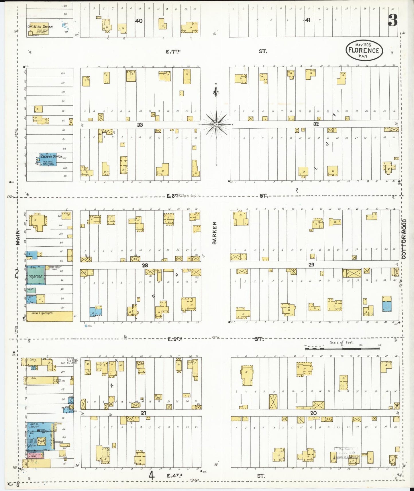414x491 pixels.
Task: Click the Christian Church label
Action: tap(40, 26)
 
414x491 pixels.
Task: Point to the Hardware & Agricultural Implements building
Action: tap(49, 316)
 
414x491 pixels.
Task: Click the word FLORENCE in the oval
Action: tap(364, 50)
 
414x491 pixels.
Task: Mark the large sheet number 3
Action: tap(393, 20)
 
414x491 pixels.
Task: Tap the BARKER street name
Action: tap(215, 233)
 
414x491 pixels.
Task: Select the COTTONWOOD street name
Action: tap(404, 239)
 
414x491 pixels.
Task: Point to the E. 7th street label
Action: tap(173, 52)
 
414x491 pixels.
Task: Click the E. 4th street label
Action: tap(174, 476)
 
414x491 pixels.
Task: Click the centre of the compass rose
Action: tap(216, 125)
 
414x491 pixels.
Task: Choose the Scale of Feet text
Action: tap(342, 342)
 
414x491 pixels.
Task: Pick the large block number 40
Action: tap(139, 21)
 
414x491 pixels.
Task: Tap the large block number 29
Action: tap(311, 265)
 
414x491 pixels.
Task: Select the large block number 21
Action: tap(143, 413)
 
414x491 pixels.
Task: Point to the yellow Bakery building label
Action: tap(34, 378)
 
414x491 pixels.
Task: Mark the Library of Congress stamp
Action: tap(346, 453)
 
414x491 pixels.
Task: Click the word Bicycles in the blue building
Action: tap(32, 446)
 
